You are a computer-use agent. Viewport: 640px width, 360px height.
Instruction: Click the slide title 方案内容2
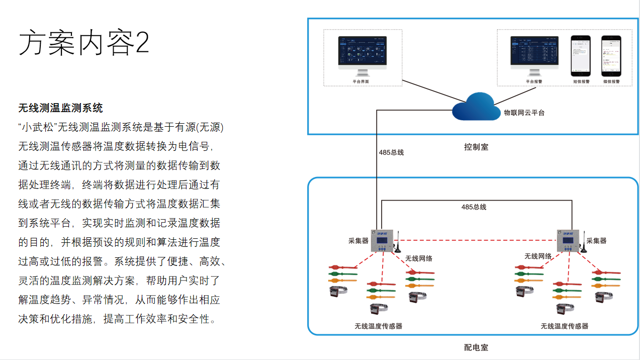click(84, 43)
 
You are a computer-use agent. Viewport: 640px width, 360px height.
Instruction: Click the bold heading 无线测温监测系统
click(60, 108)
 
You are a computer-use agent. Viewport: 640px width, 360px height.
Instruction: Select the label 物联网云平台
click(524, 113)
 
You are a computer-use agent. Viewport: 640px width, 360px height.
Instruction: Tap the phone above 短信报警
click(581, 55)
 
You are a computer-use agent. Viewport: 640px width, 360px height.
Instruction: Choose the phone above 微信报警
click(611, 55)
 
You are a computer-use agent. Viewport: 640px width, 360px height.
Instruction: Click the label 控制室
click(476, 147)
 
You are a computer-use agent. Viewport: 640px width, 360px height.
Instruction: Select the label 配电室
click(476, 347)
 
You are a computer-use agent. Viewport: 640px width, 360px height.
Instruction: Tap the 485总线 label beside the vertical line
click(392, 152)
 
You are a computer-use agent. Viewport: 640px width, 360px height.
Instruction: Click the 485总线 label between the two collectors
click(474, 207)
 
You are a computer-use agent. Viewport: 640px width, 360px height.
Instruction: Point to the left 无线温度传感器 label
click(378, 326)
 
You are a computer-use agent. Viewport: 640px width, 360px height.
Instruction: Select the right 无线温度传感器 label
click(564, 326)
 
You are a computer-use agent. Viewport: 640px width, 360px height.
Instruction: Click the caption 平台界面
click(360, 81)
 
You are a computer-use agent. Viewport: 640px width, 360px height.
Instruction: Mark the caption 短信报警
click(581, 81)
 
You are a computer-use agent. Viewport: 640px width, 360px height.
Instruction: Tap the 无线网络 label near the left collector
click(419, 258)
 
